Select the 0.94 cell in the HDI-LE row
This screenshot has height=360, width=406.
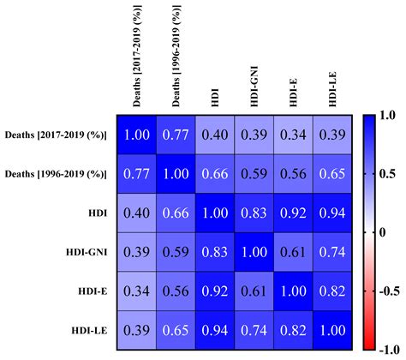pos(215,330)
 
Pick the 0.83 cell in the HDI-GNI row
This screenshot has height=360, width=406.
pos(215,252)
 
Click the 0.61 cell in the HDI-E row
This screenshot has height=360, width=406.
pos(255,291)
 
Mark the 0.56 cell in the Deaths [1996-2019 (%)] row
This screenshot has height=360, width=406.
pos(294,173)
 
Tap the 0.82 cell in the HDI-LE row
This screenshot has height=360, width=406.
pos(294,330)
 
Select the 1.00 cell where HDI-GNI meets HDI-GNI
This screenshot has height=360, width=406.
pos(255,252)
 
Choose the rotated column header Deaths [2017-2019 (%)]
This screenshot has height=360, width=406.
pos(137,56)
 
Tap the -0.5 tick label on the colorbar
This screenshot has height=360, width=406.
pos(390,289)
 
